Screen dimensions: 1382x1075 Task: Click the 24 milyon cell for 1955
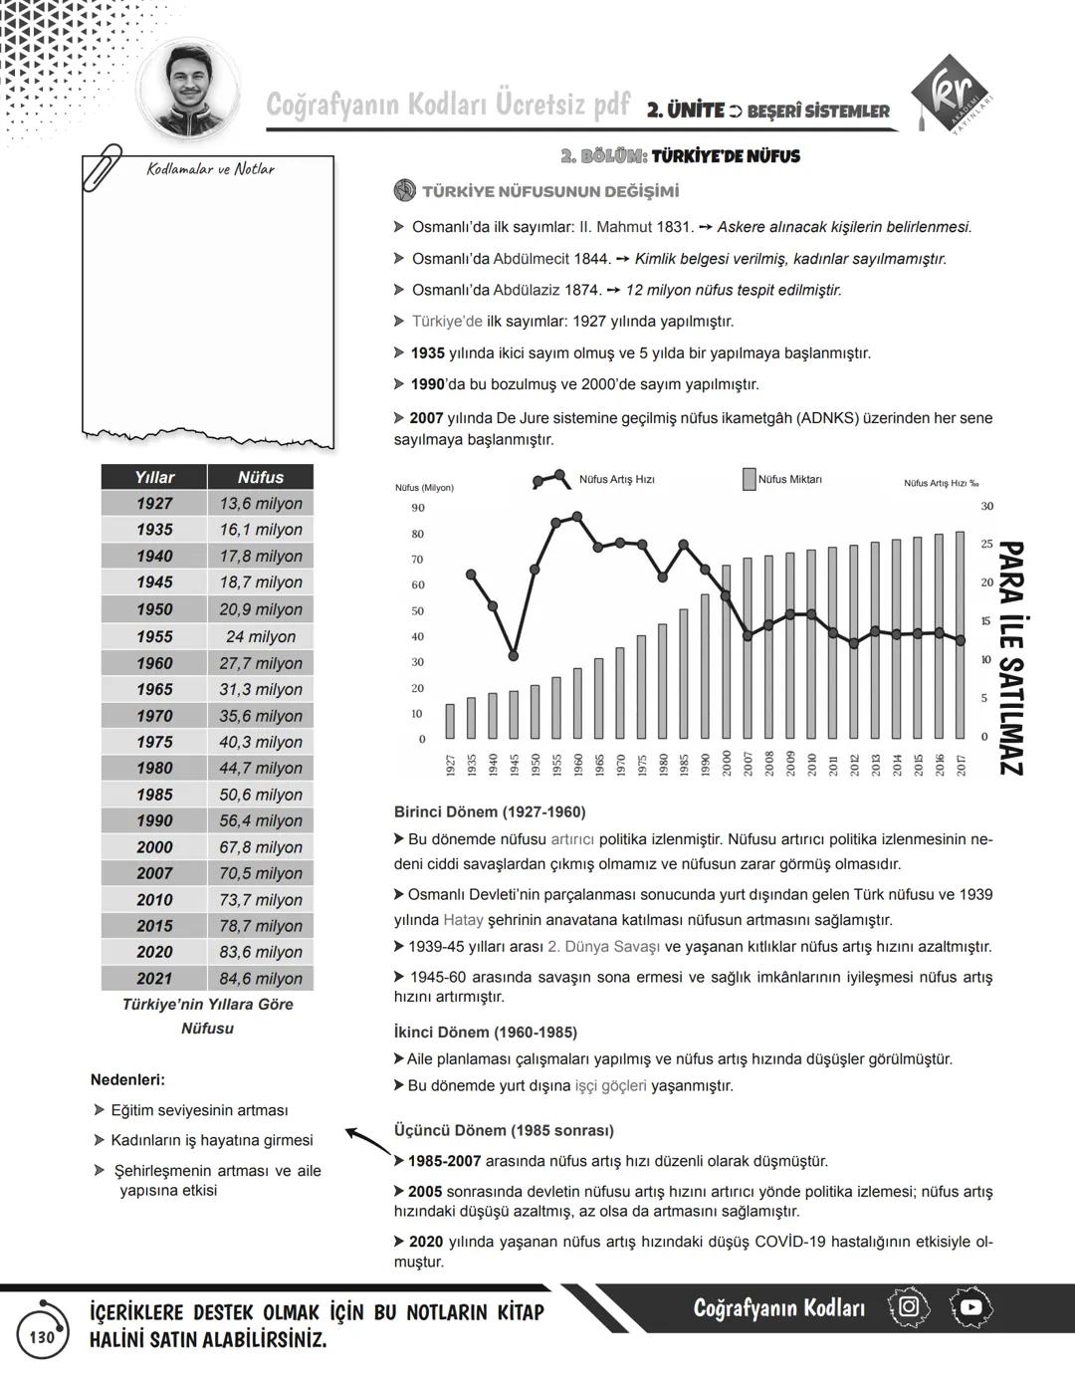[260, 636]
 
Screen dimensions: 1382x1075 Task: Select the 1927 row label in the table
[154, 504]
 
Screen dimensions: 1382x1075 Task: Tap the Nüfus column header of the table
[260, 477]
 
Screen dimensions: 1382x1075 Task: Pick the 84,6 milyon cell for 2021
[260, 979]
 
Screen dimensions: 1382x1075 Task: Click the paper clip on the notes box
[103, 167]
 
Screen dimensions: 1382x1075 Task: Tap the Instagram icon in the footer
[908, 1305]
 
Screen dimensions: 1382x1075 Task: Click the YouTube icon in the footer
[970, 1307]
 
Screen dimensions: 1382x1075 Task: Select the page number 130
[42, 1337]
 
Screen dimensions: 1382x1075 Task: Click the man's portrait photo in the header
[189, 91]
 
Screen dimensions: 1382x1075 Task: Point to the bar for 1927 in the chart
[450, 721]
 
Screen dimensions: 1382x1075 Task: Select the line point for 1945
[513, 656]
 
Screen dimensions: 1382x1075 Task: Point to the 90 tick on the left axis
[418, 508]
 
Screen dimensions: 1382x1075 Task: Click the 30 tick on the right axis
[987, 507]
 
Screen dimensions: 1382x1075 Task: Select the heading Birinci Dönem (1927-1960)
[490, 811]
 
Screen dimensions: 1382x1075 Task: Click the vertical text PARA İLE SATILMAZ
[1009, 657]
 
